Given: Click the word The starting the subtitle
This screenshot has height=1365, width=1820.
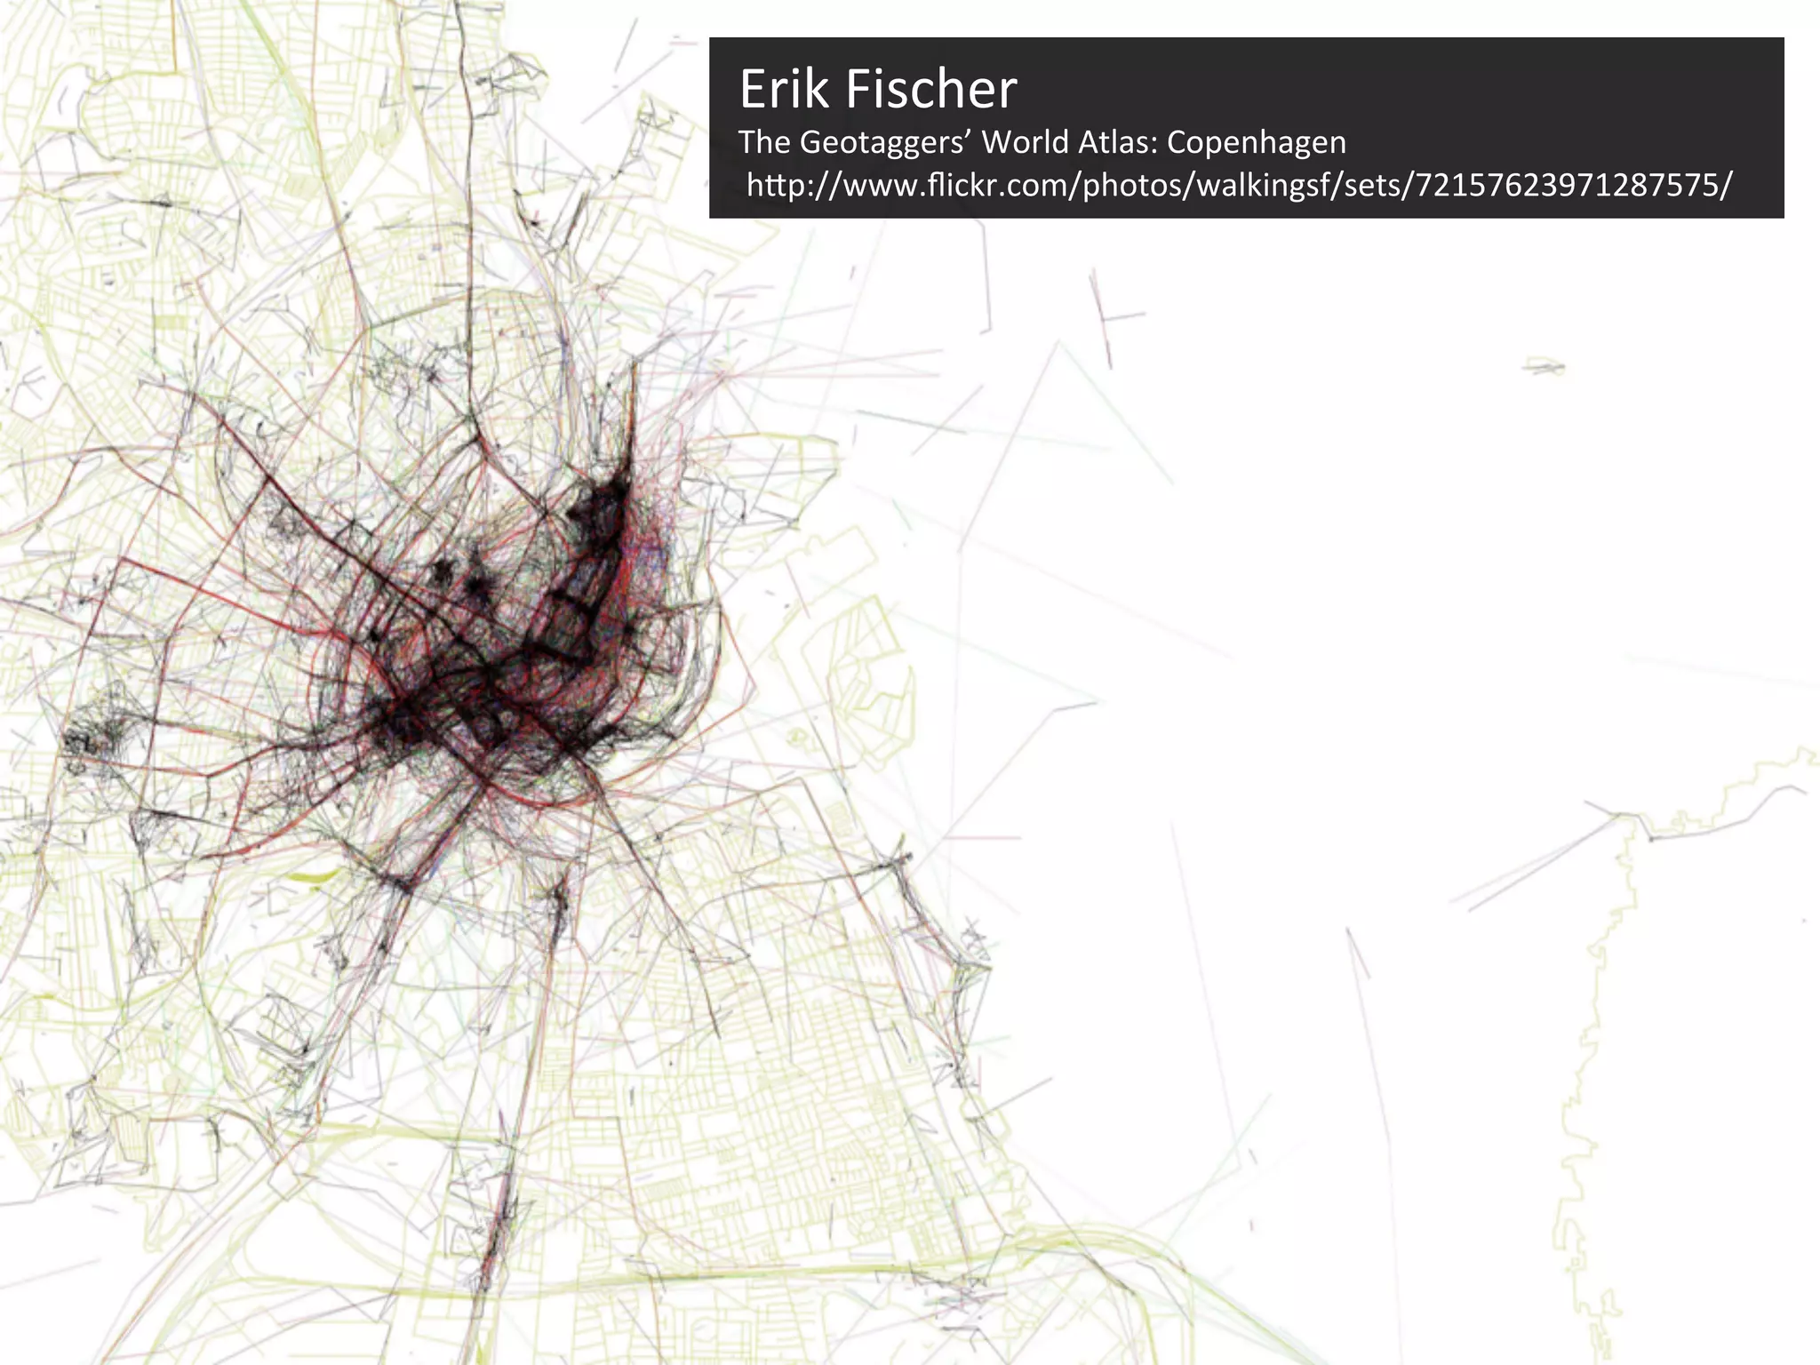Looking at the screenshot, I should pos(764,142).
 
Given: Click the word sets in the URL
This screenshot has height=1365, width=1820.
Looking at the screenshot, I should pos(1372,186).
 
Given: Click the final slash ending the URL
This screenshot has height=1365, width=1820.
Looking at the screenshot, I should pos(1726,186).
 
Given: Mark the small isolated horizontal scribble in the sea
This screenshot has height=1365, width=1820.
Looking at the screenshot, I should pos(1545,365).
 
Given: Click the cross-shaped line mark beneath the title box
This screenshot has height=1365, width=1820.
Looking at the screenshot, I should pos(1107,315).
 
